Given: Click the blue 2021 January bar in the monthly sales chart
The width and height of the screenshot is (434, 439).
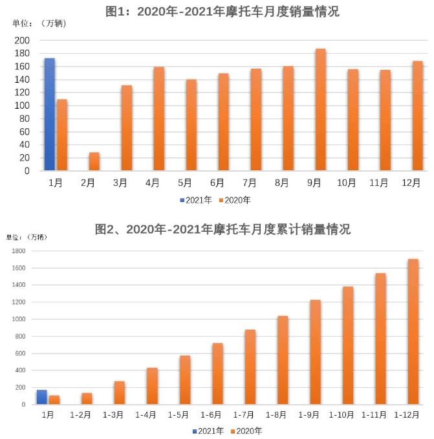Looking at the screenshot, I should click(49, 115).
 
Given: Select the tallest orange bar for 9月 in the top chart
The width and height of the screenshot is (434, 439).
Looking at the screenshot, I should click(320, 110).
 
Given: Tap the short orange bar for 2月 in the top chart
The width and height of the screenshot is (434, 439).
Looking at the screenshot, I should click(94, 162).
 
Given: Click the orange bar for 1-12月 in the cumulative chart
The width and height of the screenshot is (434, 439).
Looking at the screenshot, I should click(413, 332).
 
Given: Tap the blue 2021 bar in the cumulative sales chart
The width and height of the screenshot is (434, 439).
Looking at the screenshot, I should click(42, 397).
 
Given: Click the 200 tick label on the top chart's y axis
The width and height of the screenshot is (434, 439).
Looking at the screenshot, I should click(22, 40).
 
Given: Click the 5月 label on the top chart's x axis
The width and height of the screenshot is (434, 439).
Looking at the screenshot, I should click(185, 183).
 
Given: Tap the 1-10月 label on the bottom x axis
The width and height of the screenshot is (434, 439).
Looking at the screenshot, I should click(343, 414).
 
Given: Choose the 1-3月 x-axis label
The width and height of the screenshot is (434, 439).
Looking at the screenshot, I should click(114, 414).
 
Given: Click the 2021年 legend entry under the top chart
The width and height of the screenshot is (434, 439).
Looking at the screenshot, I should click(196, 200).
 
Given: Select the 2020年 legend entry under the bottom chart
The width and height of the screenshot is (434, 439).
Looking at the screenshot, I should click(246, 430).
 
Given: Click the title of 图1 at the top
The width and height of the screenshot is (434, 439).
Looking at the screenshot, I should click(222, 11).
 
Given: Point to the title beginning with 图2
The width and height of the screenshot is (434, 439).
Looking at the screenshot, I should click(222, 229).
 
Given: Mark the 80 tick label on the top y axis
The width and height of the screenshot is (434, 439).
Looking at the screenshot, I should click(25, 118).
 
